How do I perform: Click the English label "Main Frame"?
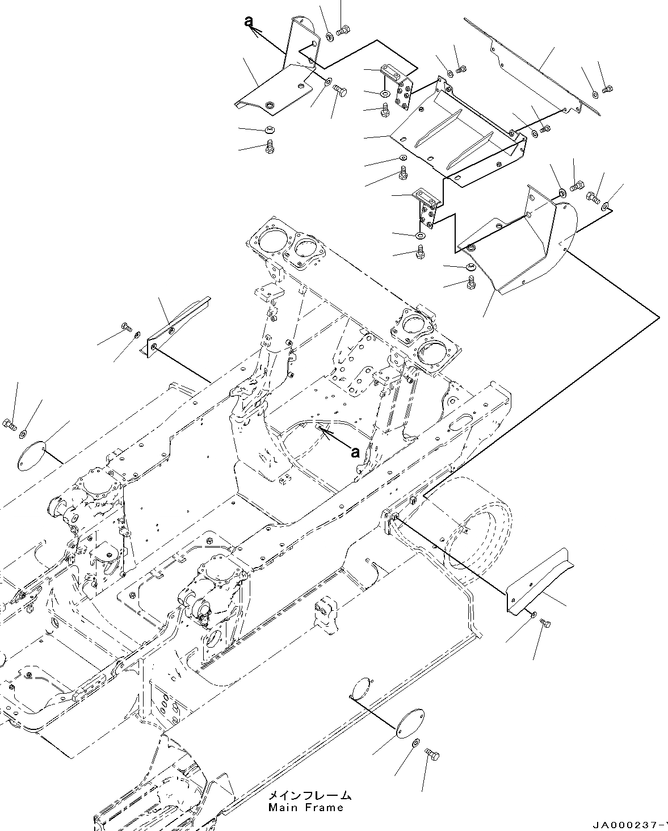(x=306, y=808)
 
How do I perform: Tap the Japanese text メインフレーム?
(x=309, y=796)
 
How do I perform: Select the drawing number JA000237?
(x=629, y=824)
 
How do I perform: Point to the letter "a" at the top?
(x=248, y=21)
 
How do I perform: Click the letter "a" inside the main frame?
(x=355, y=452)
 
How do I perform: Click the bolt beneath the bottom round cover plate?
(x=432, y=755)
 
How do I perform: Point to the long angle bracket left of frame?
(x=176, y=324)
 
